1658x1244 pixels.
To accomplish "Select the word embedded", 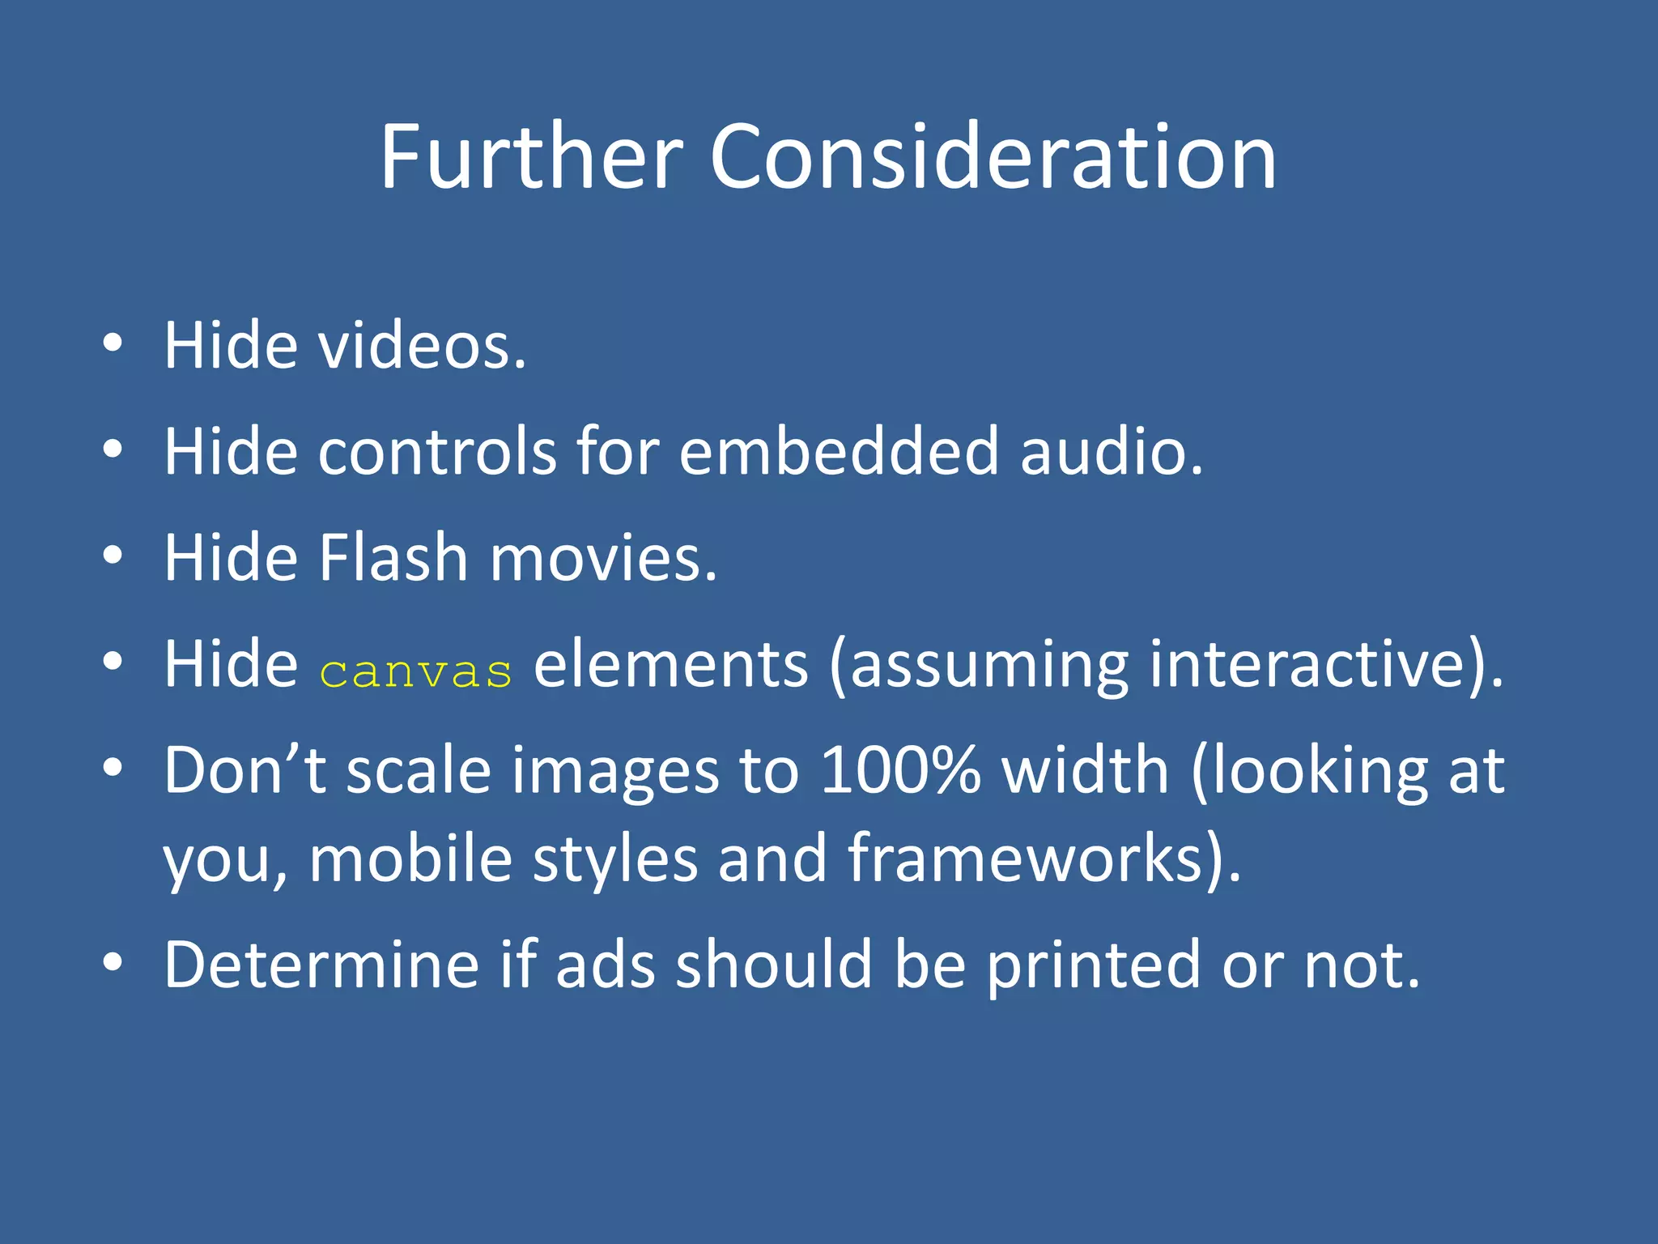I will [839, 451].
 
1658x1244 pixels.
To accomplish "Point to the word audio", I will [1111, 451].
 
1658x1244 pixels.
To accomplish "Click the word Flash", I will [393, 558].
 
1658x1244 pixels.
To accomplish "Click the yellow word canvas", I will [416, 672].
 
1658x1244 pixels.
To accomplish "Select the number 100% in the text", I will [900, 770].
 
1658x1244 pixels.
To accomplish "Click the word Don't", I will [245, 770].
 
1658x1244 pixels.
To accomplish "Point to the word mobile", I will [410, 858].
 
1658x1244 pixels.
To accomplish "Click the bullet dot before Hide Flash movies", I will [113, 556].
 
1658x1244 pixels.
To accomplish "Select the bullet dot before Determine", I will [113, 962].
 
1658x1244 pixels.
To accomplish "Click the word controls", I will [437, 451].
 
